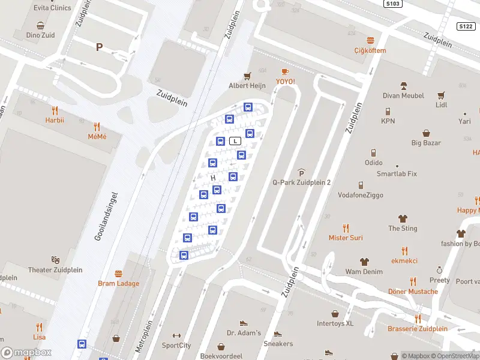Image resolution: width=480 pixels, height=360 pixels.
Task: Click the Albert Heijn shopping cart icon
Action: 247,76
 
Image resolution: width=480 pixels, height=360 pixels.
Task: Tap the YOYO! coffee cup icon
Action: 285,71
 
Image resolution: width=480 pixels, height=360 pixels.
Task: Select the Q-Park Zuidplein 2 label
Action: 302,182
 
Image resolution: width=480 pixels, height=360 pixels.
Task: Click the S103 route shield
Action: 392,4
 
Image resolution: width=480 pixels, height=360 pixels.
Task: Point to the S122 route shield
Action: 466,26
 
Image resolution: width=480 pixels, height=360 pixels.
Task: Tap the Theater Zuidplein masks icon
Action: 55,260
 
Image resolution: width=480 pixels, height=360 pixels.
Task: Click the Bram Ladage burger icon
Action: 118,274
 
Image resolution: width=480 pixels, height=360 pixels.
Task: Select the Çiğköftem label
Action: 370,50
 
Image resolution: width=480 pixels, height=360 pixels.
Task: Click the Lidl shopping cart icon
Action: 442,95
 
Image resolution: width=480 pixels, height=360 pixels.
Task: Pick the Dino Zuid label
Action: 40,35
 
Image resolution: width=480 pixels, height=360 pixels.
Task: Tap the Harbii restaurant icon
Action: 55,110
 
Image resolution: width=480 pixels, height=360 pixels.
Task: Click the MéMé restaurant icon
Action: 97,127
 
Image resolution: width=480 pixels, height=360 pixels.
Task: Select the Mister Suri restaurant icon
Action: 346,228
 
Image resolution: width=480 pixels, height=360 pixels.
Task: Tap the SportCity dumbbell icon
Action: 176,336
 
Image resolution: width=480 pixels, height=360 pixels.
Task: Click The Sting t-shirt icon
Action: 403,219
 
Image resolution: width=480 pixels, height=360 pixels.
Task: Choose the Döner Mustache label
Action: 413,292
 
